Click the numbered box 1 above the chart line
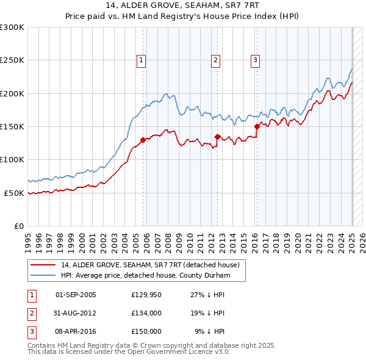(141, 60)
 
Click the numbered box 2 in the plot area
(216, 60)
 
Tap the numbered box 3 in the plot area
(254, 60)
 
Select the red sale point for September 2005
(143, 140)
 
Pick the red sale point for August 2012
(217, 137)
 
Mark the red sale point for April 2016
(257, 126)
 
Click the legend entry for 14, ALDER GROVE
(153, 265)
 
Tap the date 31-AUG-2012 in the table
(76, 313)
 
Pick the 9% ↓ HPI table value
(210, 331)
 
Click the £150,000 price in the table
(146, 331)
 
